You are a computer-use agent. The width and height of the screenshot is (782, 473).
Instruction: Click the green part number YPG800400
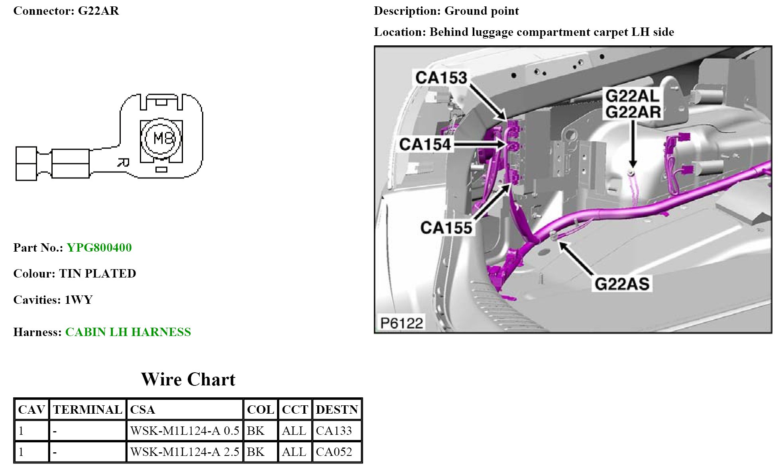99,248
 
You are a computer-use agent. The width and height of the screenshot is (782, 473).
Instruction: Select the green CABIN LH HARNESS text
128,332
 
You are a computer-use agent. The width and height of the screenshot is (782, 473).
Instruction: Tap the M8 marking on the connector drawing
164,139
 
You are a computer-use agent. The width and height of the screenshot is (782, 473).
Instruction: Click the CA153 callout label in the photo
441,78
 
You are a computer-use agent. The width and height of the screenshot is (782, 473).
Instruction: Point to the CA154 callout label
425,144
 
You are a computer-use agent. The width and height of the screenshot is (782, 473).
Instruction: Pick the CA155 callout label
446,228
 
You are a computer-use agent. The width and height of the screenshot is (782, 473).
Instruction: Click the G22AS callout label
622,284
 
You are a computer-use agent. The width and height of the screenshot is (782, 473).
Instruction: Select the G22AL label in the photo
633,96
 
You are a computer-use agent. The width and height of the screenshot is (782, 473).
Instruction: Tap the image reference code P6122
401,323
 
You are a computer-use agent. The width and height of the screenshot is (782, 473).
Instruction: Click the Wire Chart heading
188,379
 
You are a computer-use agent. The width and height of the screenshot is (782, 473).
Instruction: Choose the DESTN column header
337,410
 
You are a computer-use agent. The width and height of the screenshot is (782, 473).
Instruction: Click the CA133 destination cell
334,431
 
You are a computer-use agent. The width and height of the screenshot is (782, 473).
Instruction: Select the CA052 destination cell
334,452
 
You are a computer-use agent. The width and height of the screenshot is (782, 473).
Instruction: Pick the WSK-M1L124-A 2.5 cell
185,452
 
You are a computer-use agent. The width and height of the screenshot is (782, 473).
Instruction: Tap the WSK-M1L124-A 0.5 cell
185,431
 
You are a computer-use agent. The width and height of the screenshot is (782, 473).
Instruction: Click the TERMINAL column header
88,410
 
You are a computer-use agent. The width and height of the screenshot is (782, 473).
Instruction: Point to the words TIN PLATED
98,274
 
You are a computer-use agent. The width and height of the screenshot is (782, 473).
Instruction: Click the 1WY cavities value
79,300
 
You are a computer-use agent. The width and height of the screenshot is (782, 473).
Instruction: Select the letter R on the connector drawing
124,162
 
